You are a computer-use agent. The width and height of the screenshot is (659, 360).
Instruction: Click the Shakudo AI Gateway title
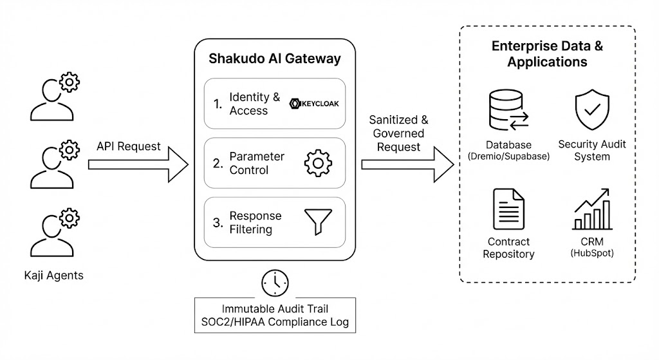point(274,59)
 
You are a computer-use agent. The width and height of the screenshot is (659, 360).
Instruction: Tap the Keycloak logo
point(314,103)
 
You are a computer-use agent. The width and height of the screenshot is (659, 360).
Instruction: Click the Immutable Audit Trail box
point(275,314)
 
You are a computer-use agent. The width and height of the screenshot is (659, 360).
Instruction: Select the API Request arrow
point(138,165)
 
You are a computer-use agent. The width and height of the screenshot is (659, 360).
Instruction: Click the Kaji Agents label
point(55,276)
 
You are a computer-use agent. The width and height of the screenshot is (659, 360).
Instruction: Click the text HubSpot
point(592,254)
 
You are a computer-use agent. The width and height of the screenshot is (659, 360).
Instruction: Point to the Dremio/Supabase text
point(508,156)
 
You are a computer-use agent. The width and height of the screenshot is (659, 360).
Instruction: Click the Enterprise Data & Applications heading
point(547,54)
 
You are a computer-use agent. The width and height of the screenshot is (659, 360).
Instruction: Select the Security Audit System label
point(592,150)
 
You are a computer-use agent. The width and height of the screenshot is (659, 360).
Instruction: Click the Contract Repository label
point(508,248)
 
